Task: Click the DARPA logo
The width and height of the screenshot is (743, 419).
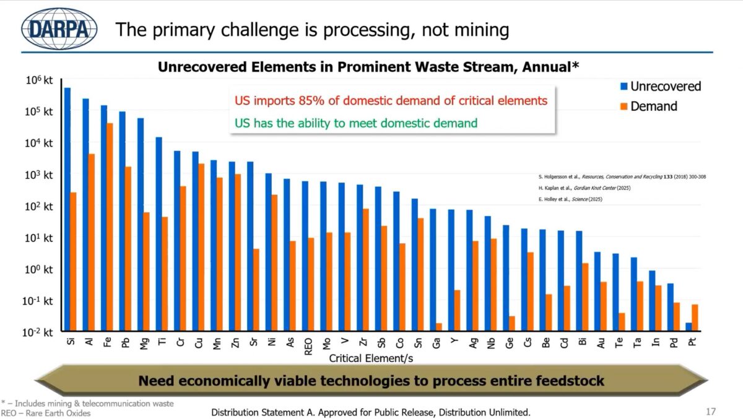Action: pyautogui.click(x=59, y=28)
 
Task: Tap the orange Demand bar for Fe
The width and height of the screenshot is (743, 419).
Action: pyautogui.click(x=110, y=227)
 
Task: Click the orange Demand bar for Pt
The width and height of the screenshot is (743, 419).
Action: pyautogui.click(x=695, y=317)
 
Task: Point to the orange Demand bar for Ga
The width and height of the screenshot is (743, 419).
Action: pyautogui.click(x=439, y=327)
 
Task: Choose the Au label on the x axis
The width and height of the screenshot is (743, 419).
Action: pyautogui.click(x=601, y=342)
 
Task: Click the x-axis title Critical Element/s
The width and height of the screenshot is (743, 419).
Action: pyautogui.click(x=371, y=358)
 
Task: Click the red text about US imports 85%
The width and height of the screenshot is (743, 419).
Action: pyautogui.click(x=391, y=101)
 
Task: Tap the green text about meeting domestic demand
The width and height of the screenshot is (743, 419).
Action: pyautogui.click(x=356, y=123)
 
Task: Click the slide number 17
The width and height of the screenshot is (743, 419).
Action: pyautogui.click(x=710, y=411)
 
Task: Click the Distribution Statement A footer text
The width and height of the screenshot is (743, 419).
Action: pyautogui.click(x=371, y=412)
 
